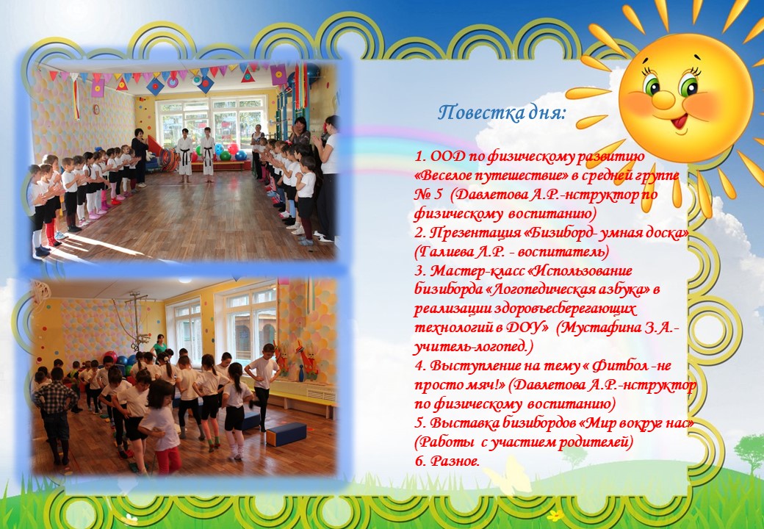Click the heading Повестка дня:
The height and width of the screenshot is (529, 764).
pyautogui.click(x=502, y=113)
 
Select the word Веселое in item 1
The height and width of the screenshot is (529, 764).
pyautogui.click(x=446, y=176)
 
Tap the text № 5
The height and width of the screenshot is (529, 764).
pyautogui.click(x=428, y=195)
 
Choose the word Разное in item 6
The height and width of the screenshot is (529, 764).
pyautogui.click(x=454, y=461)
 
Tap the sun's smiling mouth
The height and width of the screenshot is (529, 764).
pyautogui.click(x=680, y=121)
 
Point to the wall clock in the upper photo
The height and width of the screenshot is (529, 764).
pyautogui.click(x=96, y=109)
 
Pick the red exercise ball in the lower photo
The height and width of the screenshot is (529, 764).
pyautogui.click(x=111, y=356)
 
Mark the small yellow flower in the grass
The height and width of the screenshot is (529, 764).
pyautogui.click(x=555, y=514)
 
